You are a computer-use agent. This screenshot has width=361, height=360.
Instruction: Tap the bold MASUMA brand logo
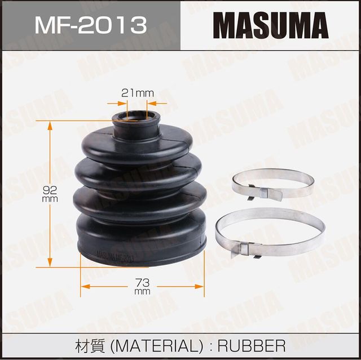click(270, 25)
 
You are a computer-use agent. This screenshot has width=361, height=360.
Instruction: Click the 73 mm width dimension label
click(142, 285)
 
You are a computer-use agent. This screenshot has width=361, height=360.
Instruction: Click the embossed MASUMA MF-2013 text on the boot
click(116, 256)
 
